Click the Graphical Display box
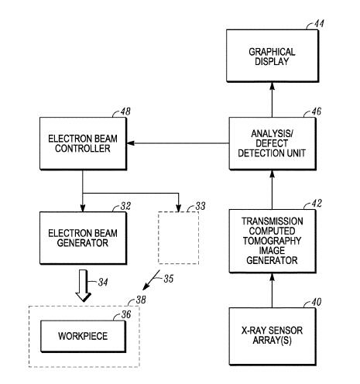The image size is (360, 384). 273,56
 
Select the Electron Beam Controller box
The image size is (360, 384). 83,143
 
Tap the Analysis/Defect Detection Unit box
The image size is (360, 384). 273,143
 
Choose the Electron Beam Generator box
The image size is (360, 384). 83,238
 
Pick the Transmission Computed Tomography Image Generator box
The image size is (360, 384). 273,241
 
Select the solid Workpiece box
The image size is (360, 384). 83,336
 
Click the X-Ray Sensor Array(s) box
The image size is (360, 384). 273,336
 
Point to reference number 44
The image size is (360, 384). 319,24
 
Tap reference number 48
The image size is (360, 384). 125,111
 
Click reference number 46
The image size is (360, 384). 317,111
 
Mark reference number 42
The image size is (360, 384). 317,204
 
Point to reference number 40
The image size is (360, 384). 317,302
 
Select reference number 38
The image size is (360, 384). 141,300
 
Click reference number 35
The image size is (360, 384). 169,279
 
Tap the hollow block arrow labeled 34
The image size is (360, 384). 83,286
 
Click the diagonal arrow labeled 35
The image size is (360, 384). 152,280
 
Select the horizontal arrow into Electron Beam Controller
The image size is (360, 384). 178,143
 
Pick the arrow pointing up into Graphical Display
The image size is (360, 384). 273,100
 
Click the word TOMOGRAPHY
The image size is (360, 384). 272,241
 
